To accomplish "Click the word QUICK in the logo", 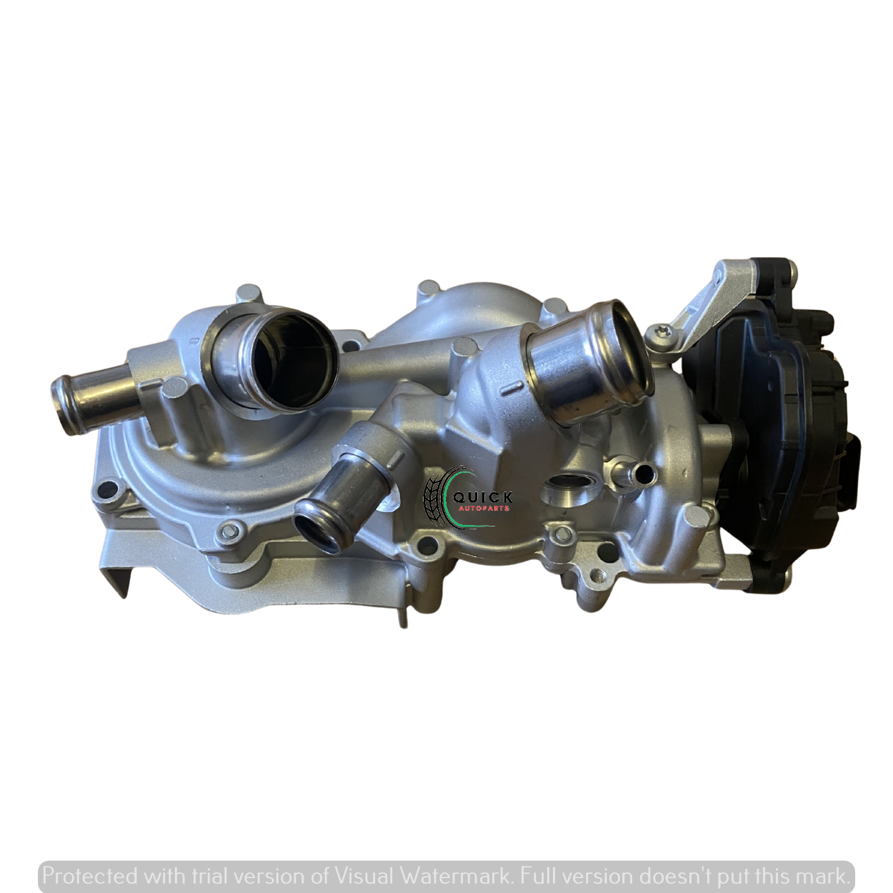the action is [x=482, y=497].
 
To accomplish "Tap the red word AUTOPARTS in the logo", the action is [x=484, y=509].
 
